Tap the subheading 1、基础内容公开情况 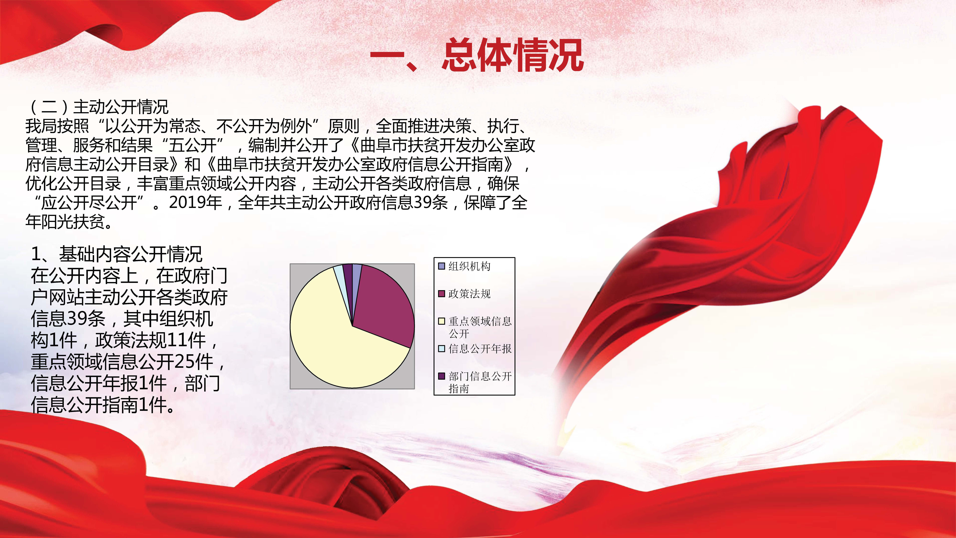pos(116,254)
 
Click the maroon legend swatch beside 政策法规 pos(442,294)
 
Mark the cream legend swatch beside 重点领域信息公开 pos(442,321)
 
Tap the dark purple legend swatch pos(442,376)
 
